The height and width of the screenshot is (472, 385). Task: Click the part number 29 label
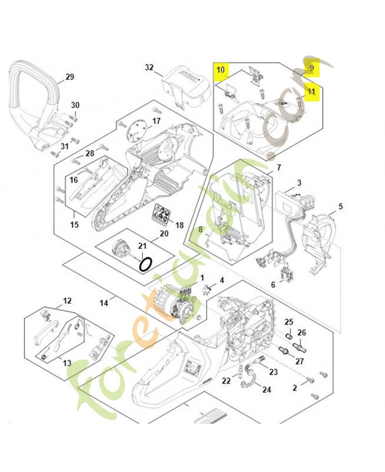tap(70, 77)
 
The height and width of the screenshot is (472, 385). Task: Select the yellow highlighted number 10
tap(220, 70)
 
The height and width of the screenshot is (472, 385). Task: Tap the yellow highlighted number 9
tap(312, 68)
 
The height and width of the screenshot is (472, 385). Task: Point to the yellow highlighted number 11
tap(311, 93)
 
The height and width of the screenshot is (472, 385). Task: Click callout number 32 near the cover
tap(149, 68)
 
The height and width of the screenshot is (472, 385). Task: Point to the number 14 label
tap(103, 303)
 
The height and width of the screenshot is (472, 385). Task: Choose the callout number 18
tap(180, 225)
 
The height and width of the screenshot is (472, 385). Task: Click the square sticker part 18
tap(162, 214)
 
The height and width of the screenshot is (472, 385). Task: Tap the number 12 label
tap(67, 301)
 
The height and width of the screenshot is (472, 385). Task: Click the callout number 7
tap(278, 168)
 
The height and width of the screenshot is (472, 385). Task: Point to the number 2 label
tap(295, 388)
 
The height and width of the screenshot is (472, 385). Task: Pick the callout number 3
tap(299, 183)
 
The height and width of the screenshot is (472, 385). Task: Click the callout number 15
tap(74, 225)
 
